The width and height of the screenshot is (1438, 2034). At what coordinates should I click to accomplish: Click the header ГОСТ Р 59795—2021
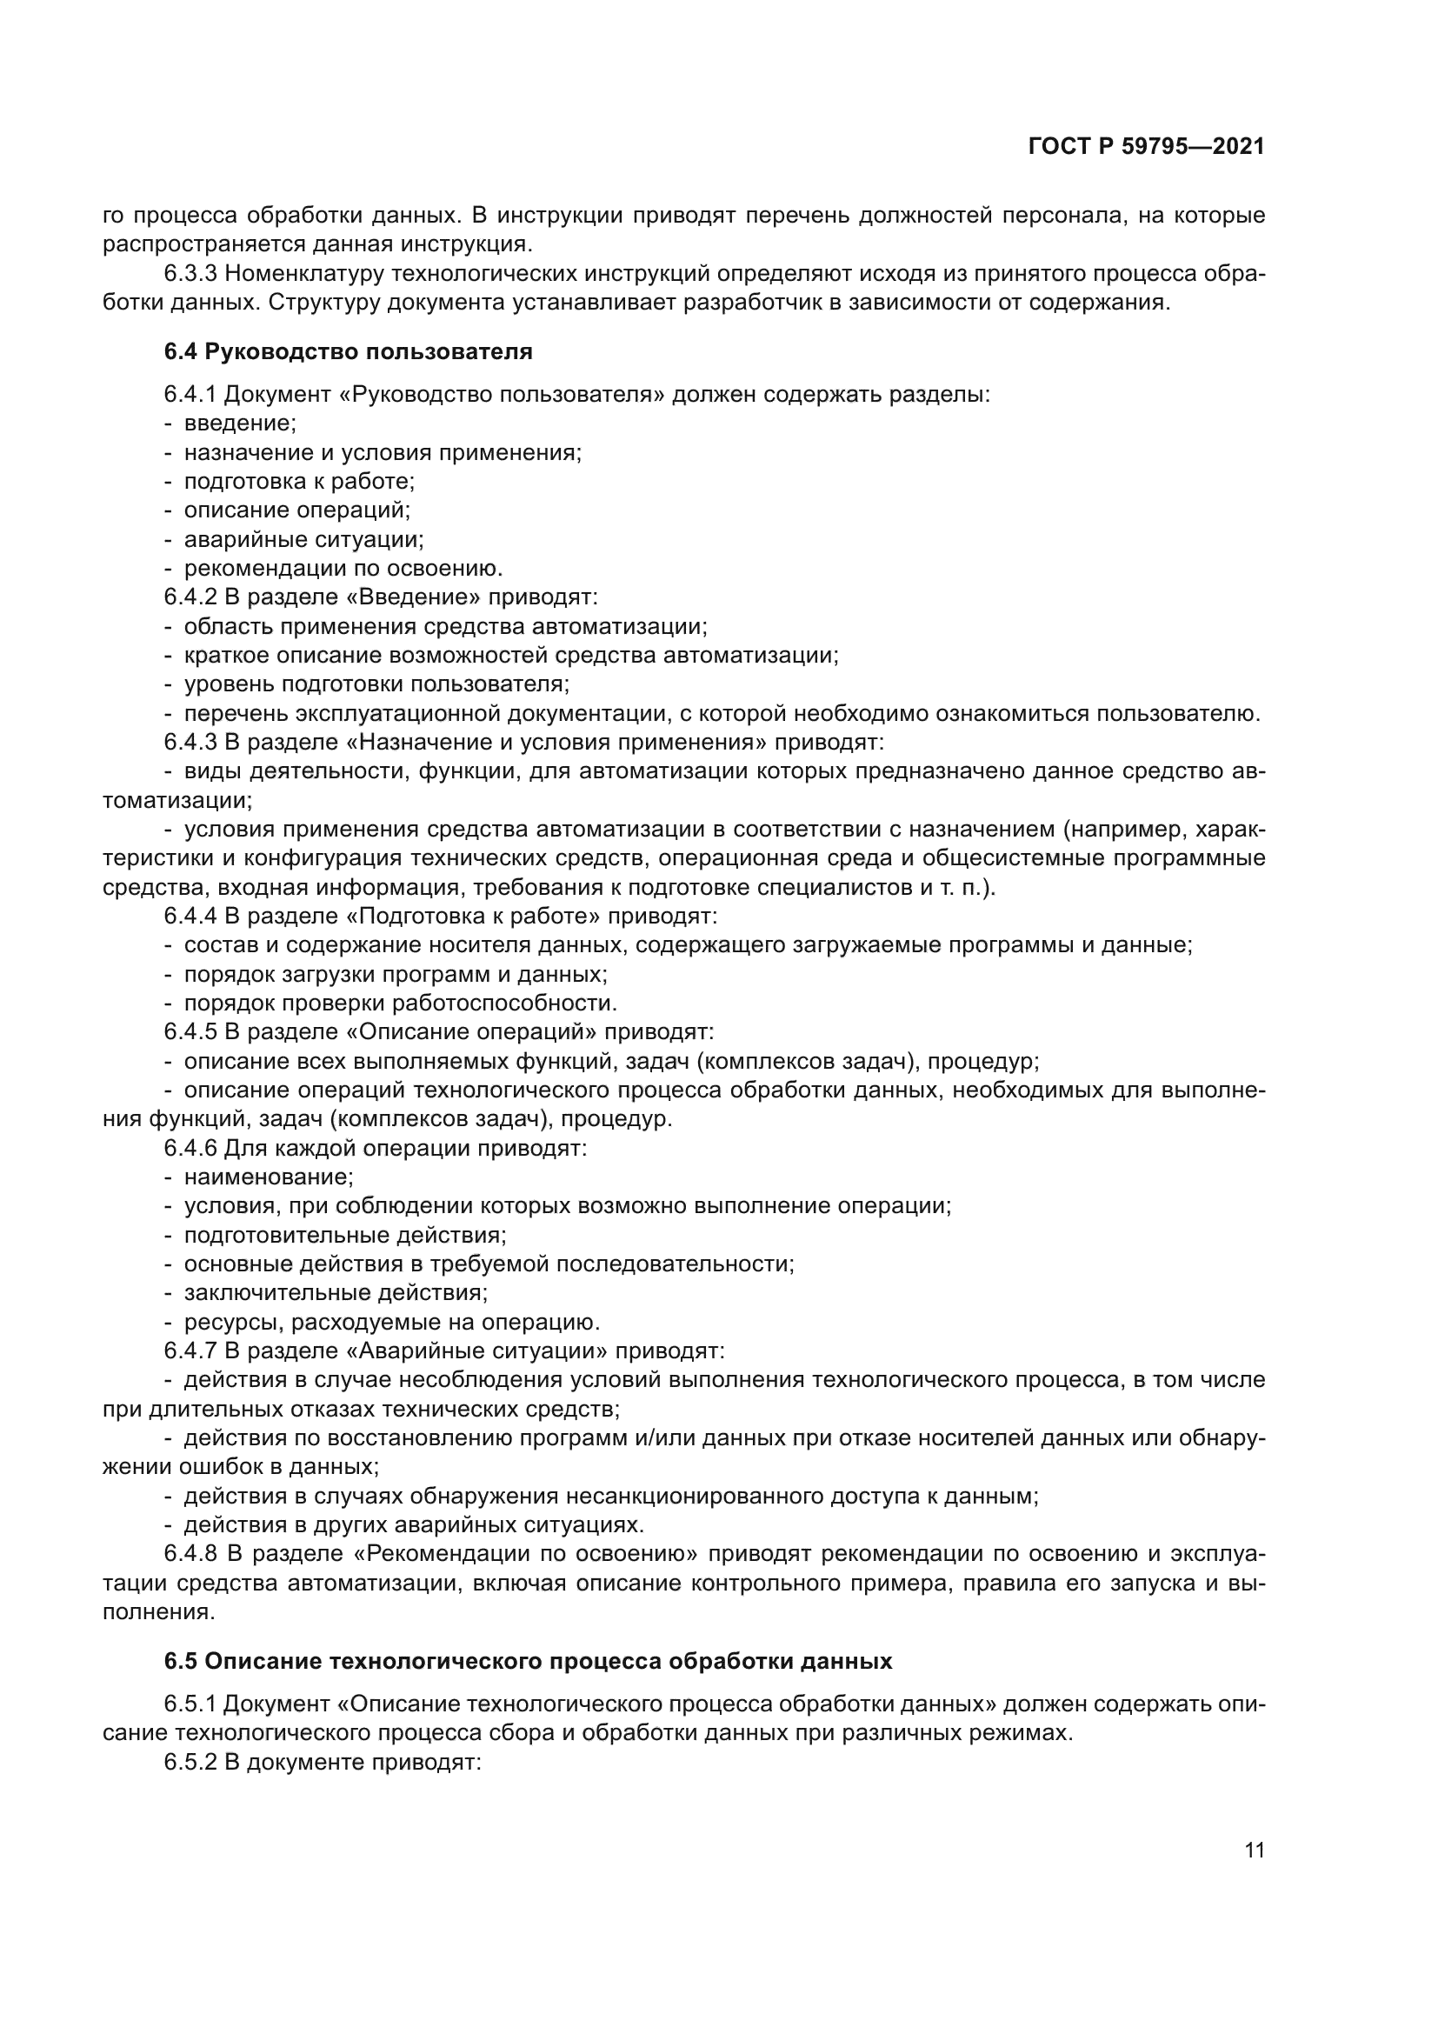coord(1146,147)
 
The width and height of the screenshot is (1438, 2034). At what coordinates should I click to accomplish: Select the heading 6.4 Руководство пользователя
coord(348,351)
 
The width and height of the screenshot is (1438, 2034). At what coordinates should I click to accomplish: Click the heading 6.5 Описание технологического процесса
coord(528,1661)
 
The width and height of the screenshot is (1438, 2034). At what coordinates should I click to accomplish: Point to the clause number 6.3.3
coord(190,274)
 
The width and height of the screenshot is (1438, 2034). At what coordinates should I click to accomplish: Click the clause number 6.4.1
coord(190,394)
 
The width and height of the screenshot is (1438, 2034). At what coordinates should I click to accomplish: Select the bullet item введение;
coord(240,423)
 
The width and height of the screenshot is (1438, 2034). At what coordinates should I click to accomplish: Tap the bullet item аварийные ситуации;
coord(303,539)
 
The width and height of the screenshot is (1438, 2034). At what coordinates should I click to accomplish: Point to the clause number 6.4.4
coord(190,916)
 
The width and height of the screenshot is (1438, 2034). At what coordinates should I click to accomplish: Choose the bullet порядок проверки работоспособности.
coord(399,1003)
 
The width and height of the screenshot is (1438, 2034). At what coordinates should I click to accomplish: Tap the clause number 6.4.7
coord(190,1351)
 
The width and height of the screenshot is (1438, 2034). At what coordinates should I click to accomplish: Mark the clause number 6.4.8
coord(190,1554)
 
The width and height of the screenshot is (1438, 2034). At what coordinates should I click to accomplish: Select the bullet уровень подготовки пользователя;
coord(376,684)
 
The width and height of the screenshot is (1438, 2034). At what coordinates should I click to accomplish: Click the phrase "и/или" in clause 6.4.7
coord(665,1437)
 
